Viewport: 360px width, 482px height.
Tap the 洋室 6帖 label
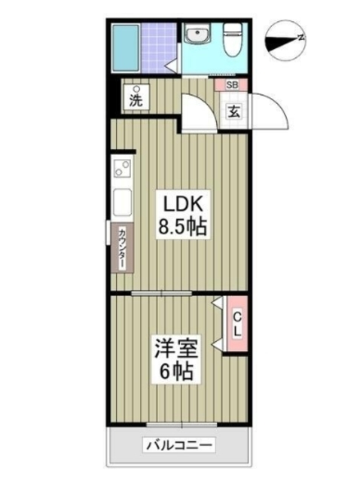pos(175,359)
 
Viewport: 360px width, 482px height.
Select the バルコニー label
pos(179,445)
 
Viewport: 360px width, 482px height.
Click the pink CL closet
pos(236,324)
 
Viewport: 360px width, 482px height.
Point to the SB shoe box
pos(232,85)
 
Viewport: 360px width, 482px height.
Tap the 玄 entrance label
pos(233,111)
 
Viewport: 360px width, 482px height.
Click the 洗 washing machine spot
pos(136,96)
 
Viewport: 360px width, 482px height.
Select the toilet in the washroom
pos(233,40)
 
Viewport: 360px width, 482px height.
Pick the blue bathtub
pos(126,48)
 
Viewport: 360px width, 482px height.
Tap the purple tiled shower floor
pos(159,48)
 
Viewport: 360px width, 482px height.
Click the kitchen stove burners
pos(123,169)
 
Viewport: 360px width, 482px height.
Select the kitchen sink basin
pos(123,203)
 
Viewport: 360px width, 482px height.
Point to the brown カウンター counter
pos(122,248)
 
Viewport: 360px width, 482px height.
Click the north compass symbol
pos(285,41)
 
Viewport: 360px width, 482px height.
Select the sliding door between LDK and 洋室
pos(162,293)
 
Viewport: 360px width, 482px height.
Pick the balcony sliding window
pos(182,425)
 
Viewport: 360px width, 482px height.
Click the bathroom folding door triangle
pos(171,66)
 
